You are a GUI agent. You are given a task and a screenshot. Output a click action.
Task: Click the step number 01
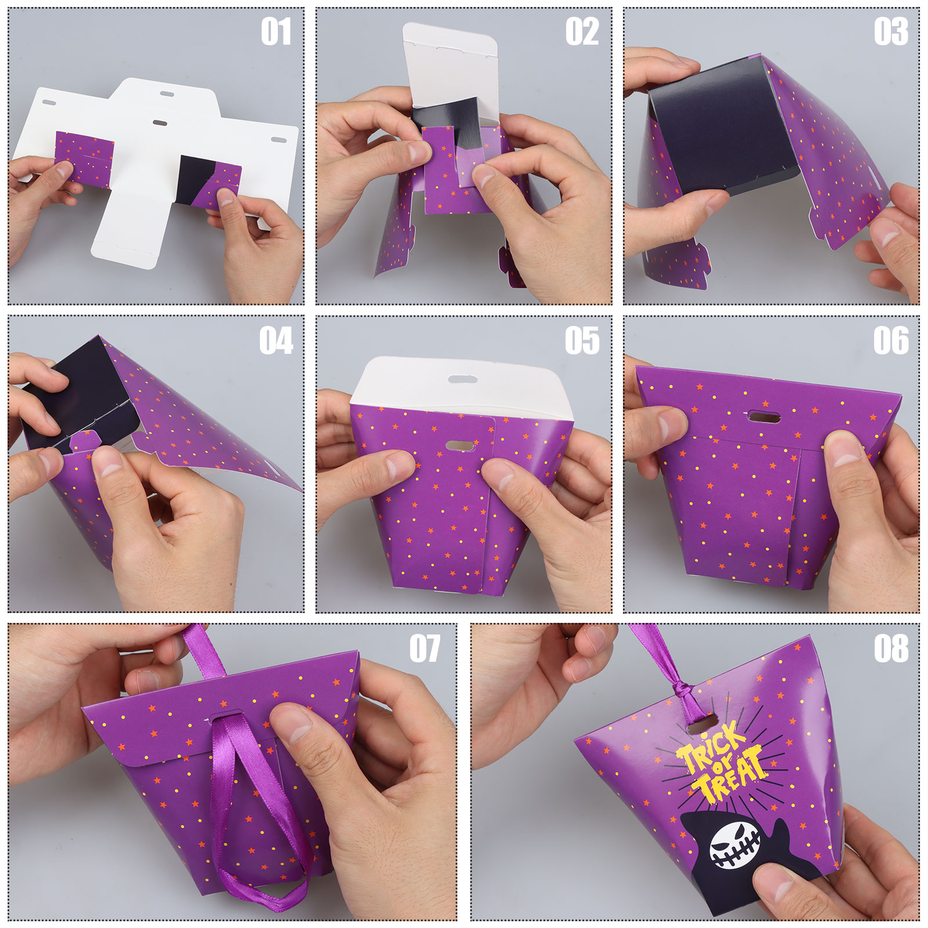275,31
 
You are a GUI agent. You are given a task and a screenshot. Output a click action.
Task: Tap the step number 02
582,31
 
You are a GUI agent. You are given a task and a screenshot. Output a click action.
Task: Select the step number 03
891,31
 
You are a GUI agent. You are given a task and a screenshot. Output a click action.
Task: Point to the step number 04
276,340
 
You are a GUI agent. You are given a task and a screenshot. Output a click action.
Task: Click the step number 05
582,340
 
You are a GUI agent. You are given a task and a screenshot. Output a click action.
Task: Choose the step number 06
891,340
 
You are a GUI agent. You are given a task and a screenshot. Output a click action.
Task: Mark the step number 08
891,648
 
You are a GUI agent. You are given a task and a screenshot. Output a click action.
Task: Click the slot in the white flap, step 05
463,379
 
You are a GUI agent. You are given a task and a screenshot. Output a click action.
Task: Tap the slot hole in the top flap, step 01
166,93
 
